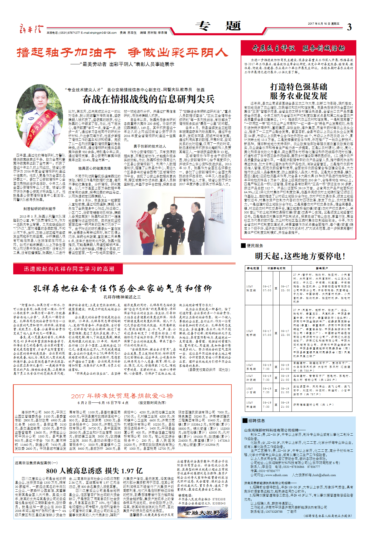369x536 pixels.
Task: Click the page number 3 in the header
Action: pyautogui.click(x=349, y=27)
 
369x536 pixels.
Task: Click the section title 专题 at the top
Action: pyautogui.click(x=218, y=26)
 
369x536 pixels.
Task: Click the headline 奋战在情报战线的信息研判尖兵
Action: pyautogui.click(x=148, y=99)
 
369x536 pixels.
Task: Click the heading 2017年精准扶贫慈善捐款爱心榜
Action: pyautogui.click(x=122, y=396)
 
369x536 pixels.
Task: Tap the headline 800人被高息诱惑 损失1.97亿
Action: pyautogui.click(x=94, y=471)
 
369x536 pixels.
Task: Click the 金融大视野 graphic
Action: pyautogui.click(x=202, y=513)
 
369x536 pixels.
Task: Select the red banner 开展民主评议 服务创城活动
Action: pyautogui.click(x=298, y=48)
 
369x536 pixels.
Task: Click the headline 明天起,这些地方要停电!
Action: pyautogui.click(x=300, y=256)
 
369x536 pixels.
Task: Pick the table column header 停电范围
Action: pyautogui.click(x=253, y=268)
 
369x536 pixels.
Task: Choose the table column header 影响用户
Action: pyautogui.click(x=322, y=268)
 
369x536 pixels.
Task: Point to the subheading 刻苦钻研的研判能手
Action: pyautogui.click(x=39, y=208)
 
